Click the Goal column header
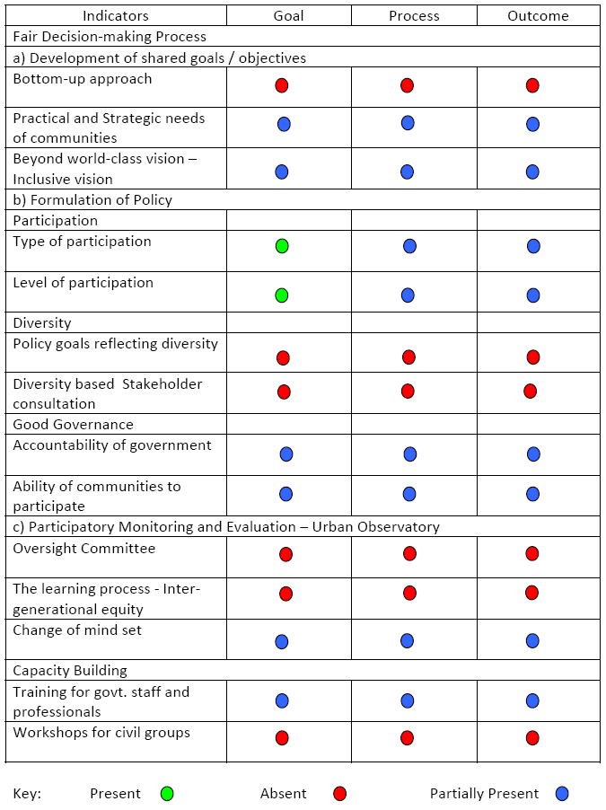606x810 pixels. click(288, 16)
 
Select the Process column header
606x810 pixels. click(414, 16)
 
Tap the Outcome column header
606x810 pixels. click(538, 16)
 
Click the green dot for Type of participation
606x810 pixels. click(282, 245)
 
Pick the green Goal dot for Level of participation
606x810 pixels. click(282, 295)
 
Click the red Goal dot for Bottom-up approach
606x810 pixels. click(282, 85)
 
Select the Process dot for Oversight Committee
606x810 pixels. click(409, 553)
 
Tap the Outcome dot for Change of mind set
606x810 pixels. click(532, 640)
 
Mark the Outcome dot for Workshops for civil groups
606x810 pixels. click(532, 737)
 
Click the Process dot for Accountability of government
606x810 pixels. click(410, 453)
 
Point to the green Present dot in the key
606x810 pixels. click(166, 794)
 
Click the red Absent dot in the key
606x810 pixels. click(339, 794)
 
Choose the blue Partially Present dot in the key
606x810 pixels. click(562, 794)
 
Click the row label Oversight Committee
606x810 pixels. click(83, 549)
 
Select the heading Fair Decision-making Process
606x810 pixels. click(110, 37)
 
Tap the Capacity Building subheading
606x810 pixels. click(70, 670)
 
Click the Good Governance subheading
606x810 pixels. click(73, 424)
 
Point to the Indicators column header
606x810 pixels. click(116, 16)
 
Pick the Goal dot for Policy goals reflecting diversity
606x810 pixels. click(283, 357)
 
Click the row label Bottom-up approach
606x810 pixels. click(83, 79)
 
